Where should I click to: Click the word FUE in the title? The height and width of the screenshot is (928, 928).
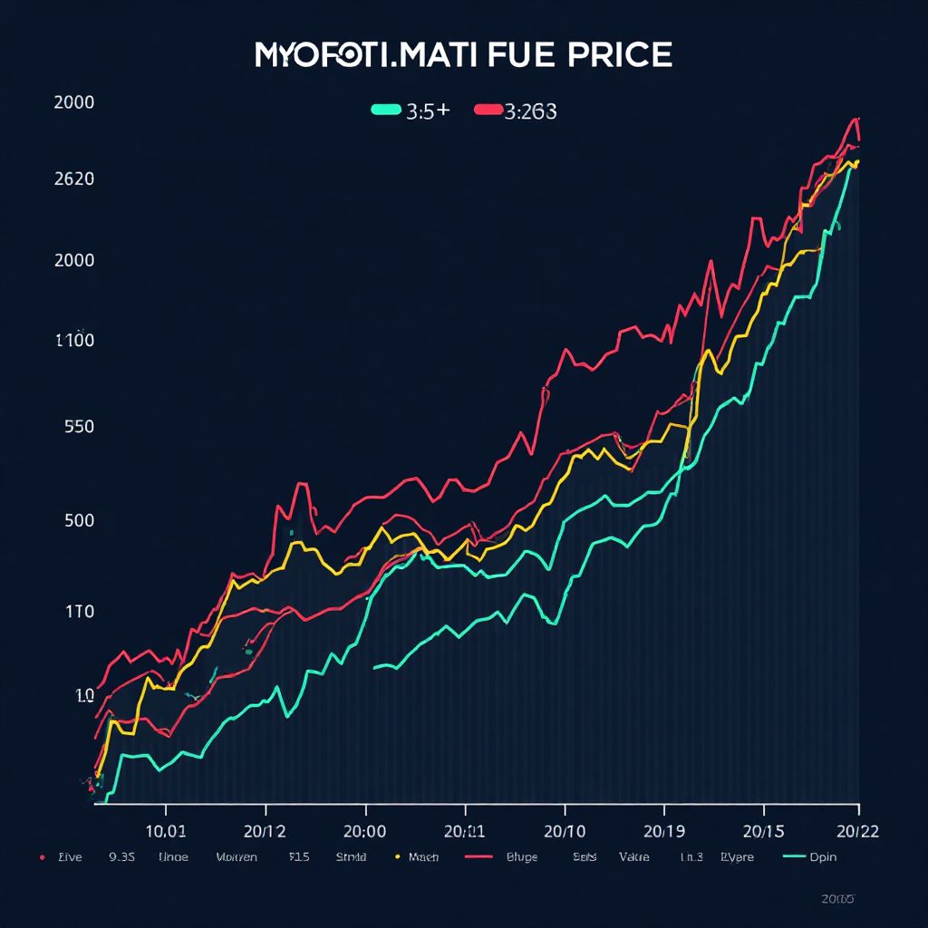pos(513,54)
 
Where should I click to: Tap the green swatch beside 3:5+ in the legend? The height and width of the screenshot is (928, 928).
pos(385,111)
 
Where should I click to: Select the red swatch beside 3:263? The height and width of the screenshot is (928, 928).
pos(488,111)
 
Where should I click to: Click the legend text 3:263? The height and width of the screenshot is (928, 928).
pos(531,111)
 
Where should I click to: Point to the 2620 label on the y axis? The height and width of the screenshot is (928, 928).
pos(74,179)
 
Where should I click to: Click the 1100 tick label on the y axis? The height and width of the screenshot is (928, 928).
pos(74,342)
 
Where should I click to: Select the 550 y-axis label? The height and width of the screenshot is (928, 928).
pos(80,427)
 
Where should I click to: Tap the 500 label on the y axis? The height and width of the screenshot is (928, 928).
pos(80,521)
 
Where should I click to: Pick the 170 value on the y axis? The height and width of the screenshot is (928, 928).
pos(80,612)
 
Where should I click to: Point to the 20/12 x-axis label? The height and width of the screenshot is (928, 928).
pos(265,830)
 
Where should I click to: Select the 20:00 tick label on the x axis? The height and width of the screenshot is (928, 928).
pos(364,830)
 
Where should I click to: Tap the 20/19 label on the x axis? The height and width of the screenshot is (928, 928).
pos(663,830)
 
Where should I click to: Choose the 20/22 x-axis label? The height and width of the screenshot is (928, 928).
pos(857,830)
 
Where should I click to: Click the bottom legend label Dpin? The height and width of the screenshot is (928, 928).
pos(823,856)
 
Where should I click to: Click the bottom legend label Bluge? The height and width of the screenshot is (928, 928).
pos(521,856)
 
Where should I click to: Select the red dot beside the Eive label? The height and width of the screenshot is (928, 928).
pos(42,856)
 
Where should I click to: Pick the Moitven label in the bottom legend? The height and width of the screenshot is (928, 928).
pos(237,856)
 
